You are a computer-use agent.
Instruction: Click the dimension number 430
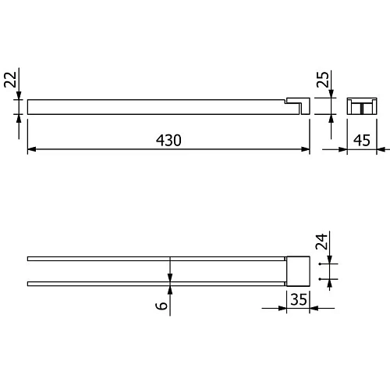click(168, 140)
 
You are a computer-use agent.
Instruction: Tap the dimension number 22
click(10, 80)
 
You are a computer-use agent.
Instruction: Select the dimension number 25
click(322, 80)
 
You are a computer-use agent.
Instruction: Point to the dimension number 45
click(362, 140)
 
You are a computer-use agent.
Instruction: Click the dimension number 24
click(321, 242)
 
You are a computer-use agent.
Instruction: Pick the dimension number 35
click(299, 299)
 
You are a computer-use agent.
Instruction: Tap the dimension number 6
click(161, 306)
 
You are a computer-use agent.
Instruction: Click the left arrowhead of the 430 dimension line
click(32, 149)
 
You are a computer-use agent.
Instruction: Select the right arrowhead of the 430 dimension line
click(305, 149)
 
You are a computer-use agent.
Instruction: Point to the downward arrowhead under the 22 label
click(19, 95)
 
